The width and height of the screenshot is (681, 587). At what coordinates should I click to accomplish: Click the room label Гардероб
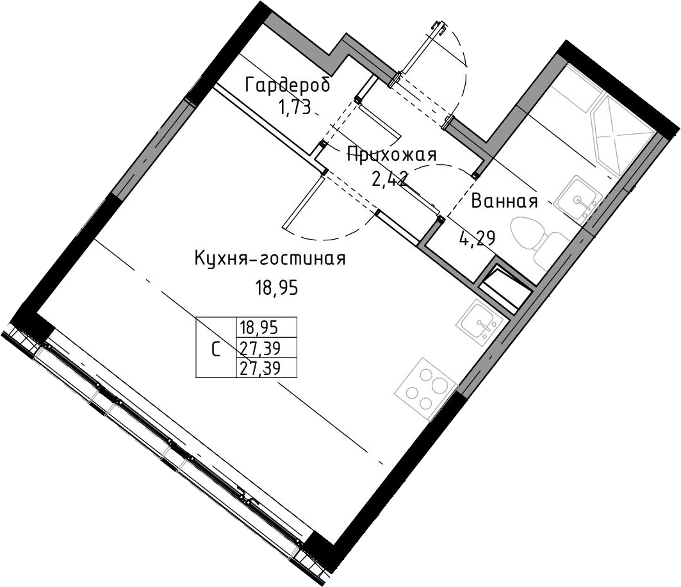pos(288,85)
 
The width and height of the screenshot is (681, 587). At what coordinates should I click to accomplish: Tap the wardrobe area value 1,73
pos(295,107)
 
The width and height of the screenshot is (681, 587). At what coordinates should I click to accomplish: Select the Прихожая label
pos(391,154)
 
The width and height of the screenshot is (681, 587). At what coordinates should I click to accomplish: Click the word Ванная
pos(504,202)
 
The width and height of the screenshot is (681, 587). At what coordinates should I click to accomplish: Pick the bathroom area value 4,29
pos(477,238)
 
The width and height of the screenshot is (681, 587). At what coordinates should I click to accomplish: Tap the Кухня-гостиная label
pos(270,259)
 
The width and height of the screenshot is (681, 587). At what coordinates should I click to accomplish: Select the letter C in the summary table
pos(215,349)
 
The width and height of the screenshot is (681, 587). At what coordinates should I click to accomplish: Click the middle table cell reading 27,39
pos(259,347)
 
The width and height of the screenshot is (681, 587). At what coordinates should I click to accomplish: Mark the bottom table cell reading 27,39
pos(259,368)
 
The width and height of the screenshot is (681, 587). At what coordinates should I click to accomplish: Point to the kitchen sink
pos(480,322)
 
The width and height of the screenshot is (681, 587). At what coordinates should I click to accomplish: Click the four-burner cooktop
pos(426,389)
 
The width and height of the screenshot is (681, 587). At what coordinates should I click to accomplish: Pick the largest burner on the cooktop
pos(439,385)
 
